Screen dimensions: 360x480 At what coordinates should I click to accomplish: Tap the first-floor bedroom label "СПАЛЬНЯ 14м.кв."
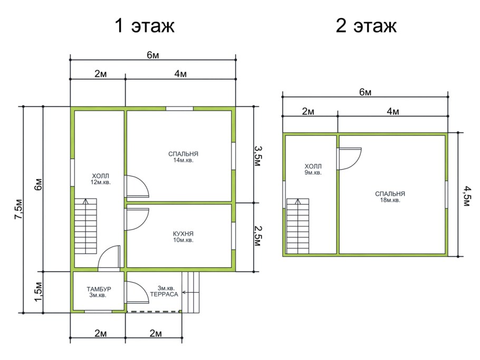pyautogui.click(x=181, y=157)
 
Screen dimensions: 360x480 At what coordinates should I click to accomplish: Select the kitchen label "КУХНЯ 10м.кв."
pyautogui.click(x=183, y=236)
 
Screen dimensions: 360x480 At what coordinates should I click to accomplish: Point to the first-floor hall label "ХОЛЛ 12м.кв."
pyautogui.click(x=100, y=179)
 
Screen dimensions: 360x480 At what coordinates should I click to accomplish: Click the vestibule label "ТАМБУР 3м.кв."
pyautogui.click(x=98, y=292)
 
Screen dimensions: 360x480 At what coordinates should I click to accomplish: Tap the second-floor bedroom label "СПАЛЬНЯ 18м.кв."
pyautogui.click(x=390, y=197)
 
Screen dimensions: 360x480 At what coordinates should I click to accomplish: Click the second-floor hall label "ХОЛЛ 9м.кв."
pyautogui.click(x=312, y=169)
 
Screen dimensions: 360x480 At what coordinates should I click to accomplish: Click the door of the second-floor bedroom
pyautogui.click(x=349, y=158)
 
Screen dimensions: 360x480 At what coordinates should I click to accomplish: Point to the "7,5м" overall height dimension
pyautogui.click(x=20, y=209)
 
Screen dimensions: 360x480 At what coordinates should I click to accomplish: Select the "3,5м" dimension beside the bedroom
pyautogui.click(x=258, y=156)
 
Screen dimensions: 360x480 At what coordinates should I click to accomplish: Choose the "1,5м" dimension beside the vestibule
pyautogui.click(x=38, y=292)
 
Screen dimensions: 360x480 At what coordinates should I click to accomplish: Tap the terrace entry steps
pyautogui.click(x=191, y=291)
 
